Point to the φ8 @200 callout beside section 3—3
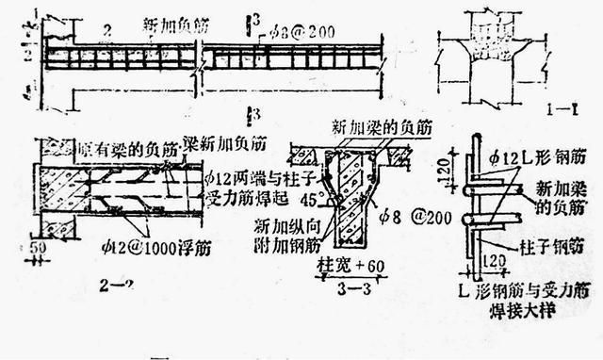tap(420, 215)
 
